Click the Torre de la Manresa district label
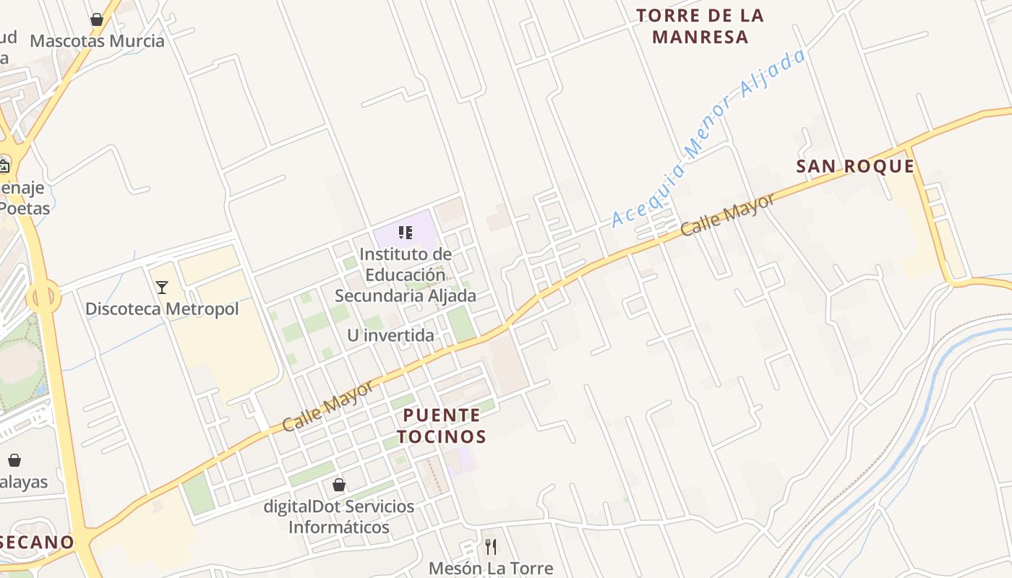(x=700, y=26)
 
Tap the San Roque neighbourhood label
(x=855, y=167)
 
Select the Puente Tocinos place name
(x=441, y=426)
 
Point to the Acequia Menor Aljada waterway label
(x=708, y=138)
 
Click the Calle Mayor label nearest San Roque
(x=727, y=215)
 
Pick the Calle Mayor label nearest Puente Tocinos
(x=328, y=405)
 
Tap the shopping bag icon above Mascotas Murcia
(x=97, y=20)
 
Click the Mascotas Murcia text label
(x=97, y=40)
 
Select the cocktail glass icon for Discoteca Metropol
(x=162, y=288)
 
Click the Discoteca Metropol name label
(x=162, y=309)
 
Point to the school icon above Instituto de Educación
(x=406, y=233)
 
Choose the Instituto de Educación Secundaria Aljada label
(x=406, y=275)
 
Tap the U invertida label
(x=390, y=335)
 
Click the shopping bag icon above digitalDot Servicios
(x=339, y=484)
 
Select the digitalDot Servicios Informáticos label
(x=339, y=516)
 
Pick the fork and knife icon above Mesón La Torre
(x=491, y=546)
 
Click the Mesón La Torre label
(x=491, y=568)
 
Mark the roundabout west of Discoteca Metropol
(x=43, y=296)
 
